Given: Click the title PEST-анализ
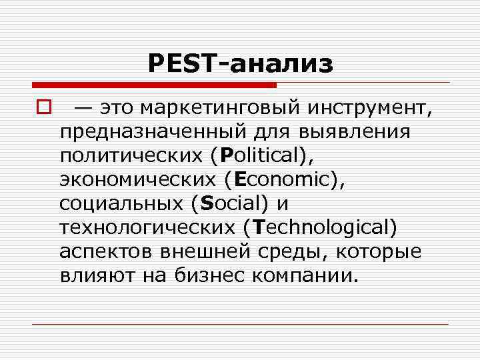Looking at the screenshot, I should coord(240,64).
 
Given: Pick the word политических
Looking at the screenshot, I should coord(131,156).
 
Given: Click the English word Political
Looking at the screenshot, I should coord(257,156).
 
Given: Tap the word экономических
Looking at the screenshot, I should coord(138,180).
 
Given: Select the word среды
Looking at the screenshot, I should coord(298,251).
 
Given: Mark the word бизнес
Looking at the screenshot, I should coord(205,275).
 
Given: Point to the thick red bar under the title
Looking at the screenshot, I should coord(153,85).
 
